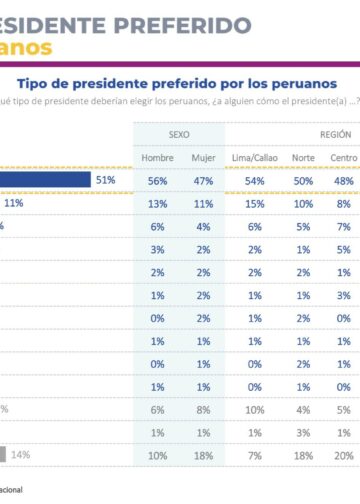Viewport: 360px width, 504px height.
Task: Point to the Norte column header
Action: pyautogui.click(x=303, y=157)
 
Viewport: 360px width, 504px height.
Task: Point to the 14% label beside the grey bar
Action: pyautogui.click(x=20, y=455)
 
